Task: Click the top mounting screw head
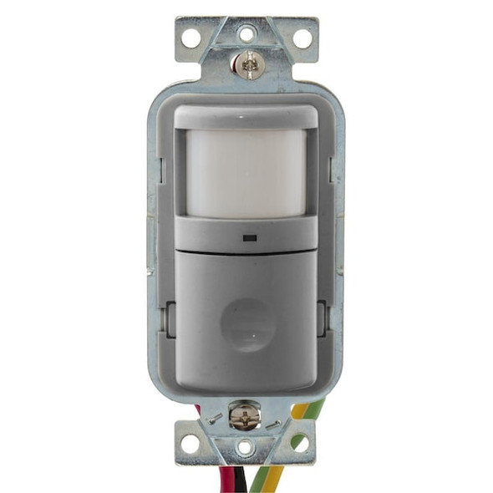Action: [246, 64]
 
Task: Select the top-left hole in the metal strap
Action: [191, 38]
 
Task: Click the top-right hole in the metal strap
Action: [302, 38]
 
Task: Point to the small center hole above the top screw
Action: [246, 34]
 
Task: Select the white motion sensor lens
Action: [246, 172]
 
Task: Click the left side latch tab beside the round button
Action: [170, 319]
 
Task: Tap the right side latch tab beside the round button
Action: [323, 319]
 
